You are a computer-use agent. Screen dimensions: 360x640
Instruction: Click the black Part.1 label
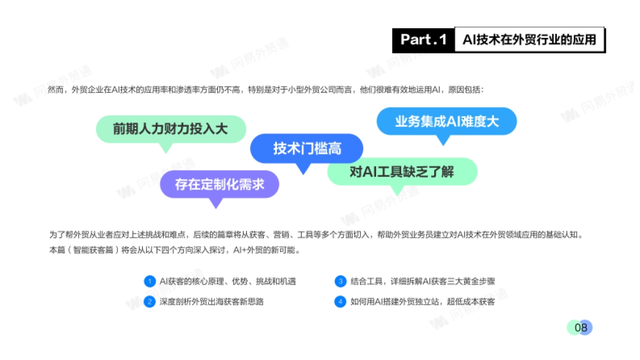point(423,40)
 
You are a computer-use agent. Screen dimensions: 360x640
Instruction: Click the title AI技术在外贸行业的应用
point(529,39)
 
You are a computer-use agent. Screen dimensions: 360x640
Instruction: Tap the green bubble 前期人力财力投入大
point(170,129)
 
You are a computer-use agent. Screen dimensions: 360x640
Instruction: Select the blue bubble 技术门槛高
point(307,148)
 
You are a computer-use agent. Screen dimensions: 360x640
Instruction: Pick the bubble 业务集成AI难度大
point(446,121)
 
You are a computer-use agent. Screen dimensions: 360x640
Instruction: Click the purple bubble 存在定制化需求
point(219,184)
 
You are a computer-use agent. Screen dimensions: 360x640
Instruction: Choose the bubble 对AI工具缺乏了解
point(402,172)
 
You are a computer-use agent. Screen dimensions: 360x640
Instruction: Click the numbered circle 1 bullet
point(149,281)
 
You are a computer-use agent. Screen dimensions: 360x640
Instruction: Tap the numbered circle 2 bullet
point(149,301)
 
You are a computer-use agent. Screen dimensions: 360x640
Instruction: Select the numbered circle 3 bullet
point(340,281)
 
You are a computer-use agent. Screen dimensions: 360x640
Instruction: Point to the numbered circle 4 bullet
point(340,301)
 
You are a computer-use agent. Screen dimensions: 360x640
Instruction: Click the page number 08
point(580,327)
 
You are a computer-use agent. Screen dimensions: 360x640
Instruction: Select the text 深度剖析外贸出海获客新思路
point(212,301)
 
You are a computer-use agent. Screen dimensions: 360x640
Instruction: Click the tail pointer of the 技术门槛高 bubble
point(303,169)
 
